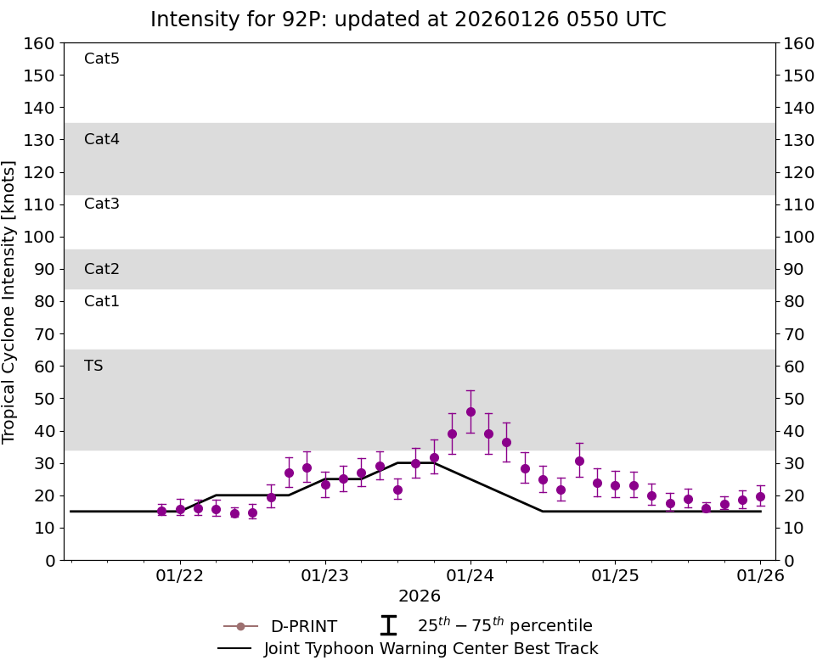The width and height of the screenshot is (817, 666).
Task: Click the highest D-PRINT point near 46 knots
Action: (x=470, y=411)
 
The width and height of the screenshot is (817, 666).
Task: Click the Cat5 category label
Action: (x=102, y=59)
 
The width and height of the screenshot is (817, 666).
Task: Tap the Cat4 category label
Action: (x=102, y=140)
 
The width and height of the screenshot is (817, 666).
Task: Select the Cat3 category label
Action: (x=102, y=204)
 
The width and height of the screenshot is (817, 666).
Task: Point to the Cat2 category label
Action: (x=102, y=270)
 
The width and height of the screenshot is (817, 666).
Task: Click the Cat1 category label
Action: (x=102, y=302)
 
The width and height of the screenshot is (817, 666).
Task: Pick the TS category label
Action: (x=93, y=367)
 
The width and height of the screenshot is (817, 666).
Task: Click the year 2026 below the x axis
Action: (x=420, y=596)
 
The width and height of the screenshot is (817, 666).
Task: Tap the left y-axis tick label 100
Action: (x=40, y=237)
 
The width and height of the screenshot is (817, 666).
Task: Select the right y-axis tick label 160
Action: (x=798, y=43)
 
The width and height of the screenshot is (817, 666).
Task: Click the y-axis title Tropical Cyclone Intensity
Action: (x=10, y=301)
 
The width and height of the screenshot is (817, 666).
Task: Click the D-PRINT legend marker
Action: (x=240, y=627)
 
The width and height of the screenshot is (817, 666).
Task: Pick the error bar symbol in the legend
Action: (x=388, y=626)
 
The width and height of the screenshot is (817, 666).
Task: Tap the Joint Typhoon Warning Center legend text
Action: (x=431, y=649)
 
